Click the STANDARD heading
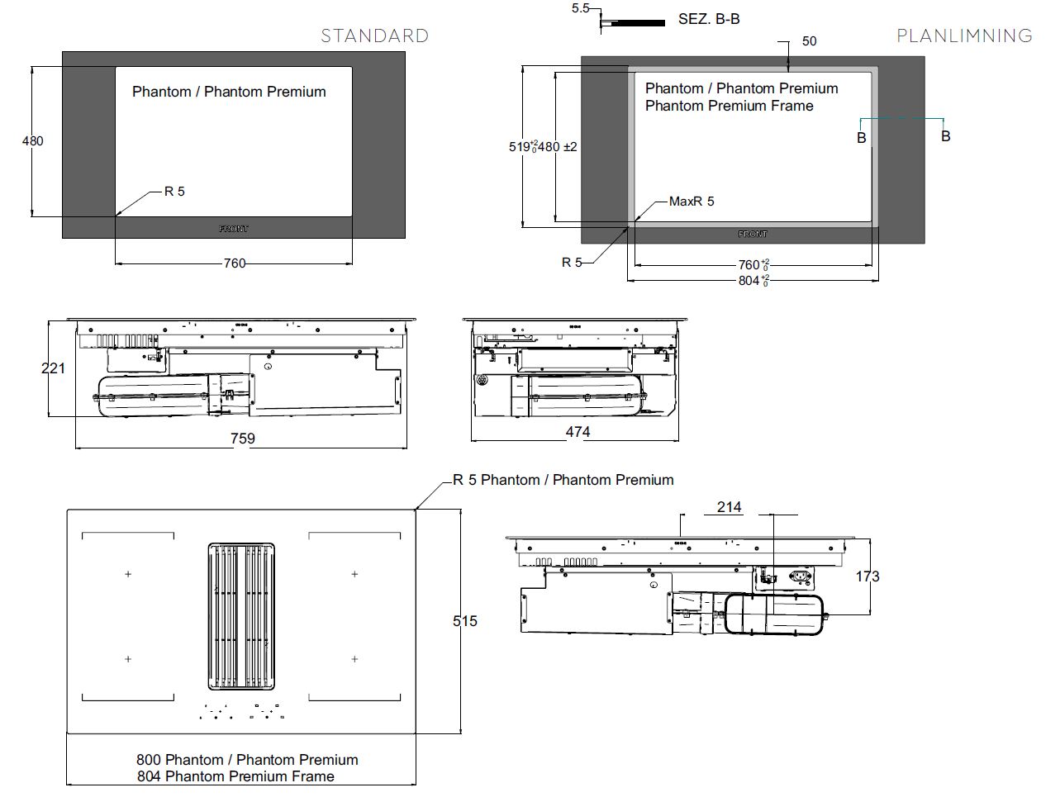click(x=374, y=36)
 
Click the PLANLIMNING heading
click(x=964, y=36)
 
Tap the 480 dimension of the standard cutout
click(x=33, y=141)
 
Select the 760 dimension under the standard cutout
click(x=235, y=263)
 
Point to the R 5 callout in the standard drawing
click(x=174, y=192)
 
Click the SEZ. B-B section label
click(x=709, y=19)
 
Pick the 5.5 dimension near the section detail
click(x=581, y=8)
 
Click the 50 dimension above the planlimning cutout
click(x=809, y=41)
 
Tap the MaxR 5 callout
click(x=692, y=202)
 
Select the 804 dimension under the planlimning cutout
click(x=750, y=281)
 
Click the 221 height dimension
click(x=53, y=368)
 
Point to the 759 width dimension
click(x=242, y=439)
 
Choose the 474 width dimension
click(x=578, y=432)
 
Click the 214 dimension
click(x=729, y=507)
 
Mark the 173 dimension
click(x=867, y=576)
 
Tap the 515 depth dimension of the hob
click(x=465, y=621)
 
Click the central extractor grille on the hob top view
click(x=240, y=616)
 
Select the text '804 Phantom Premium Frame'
click(x=235, y=776)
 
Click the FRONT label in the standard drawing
click(x=234, y=229)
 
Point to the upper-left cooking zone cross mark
click(x=128, y=574)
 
